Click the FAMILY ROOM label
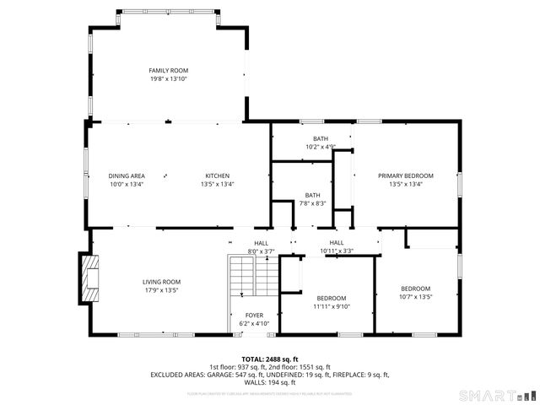[168, 70]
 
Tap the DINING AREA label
[127, 175]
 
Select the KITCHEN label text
[217, 175]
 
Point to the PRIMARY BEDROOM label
[406, 175]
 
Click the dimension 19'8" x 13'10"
[168, 78]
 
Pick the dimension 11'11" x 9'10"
[332, 306]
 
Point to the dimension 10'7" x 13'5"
[415, 296]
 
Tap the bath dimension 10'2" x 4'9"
[321, 147]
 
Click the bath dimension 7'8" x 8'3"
[312, 202]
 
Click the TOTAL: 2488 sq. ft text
[270, 359]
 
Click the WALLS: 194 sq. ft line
[270, 382]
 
